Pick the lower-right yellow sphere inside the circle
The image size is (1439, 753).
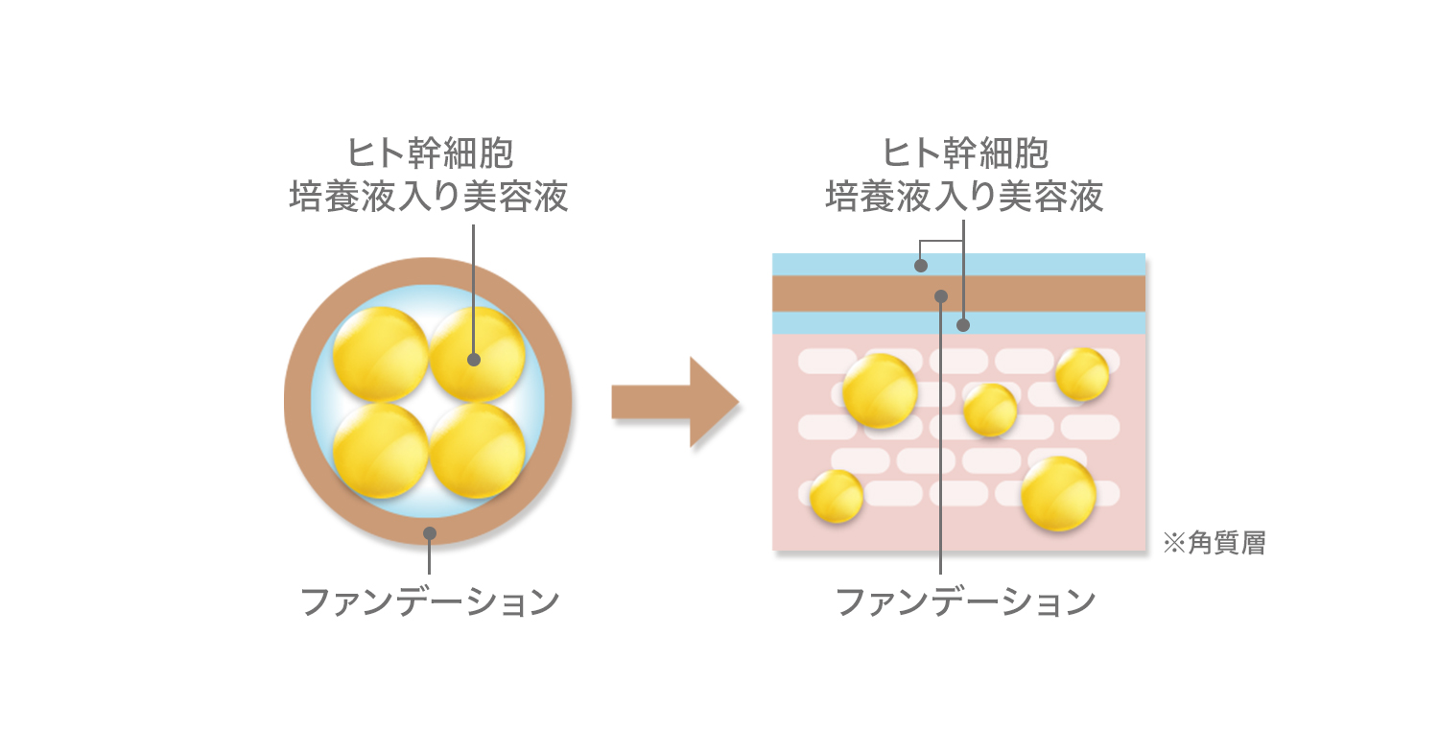477,450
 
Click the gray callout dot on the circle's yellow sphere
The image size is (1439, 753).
473,360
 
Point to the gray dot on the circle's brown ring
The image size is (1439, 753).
430,532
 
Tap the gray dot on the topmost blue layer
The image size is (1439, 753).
921,266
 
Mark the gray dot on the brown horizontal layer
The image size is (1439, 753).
942,295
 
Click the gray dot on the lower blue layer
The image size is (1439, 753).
963,325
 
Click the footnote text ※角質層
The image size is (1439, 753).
1214,544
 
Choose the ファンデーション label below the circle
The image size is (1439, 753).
430,601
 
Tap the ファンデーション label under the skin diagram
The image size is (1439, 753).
966,601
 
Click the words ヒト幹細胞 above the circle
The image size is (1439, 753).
429,153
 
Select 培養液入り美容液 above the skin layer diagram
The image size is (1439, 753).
965,197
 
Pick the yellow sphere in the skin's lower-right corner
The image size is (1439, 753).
1058,494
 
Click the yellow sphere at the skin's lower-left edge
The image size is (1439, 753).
836,496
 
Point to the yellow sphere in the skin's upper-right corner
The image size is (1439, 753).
1082,374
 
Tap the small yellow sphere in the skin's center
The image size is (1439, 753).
990,410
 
